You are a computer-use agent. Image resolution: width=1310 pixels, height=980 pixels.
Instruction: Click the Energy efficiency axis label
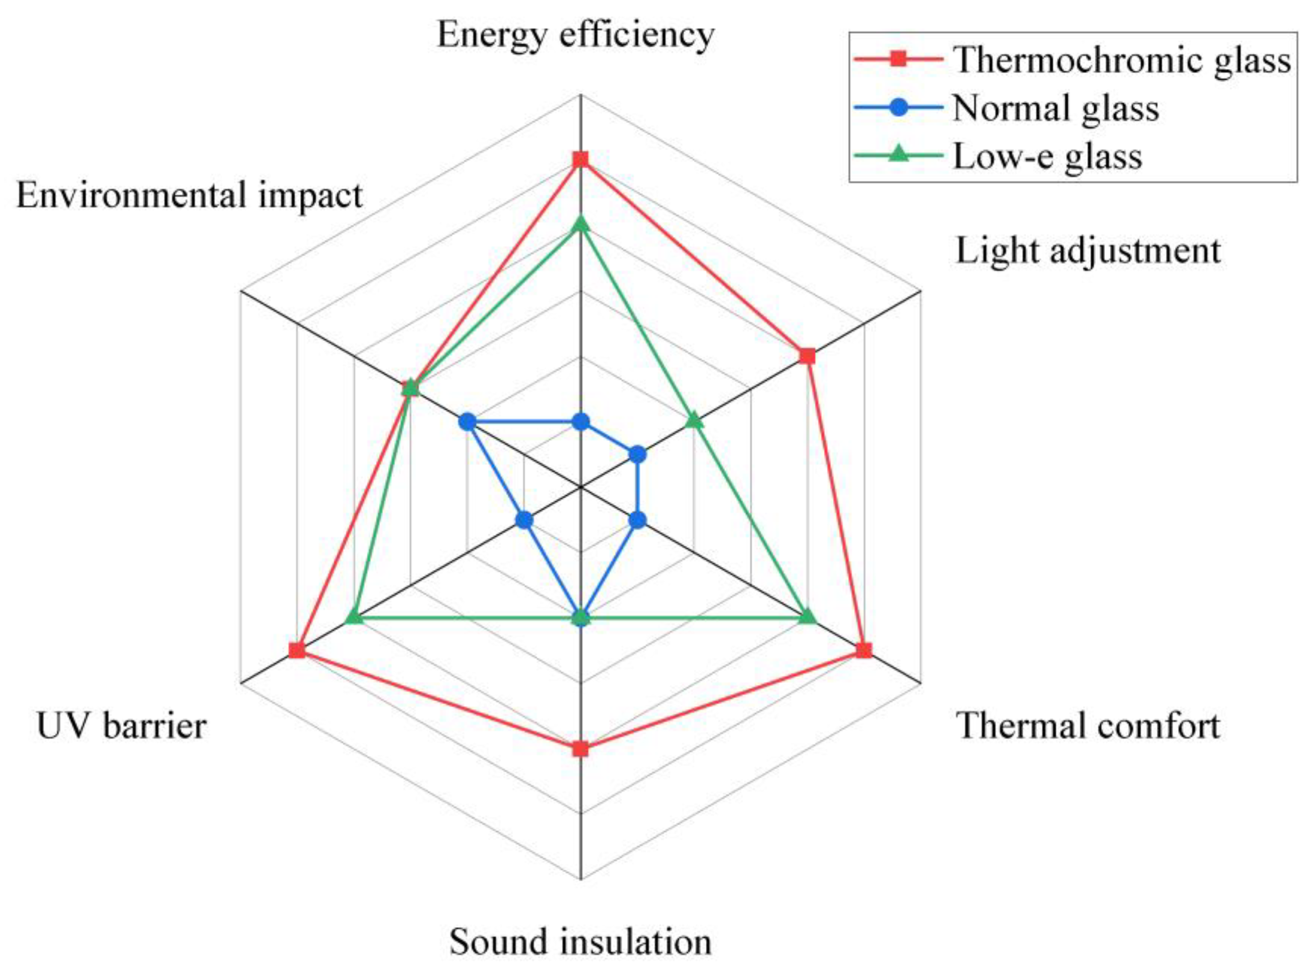click(x=575, y=36)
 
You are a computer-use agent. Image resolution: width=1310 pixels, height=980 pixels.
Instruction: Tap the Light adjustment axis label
click(x=1088, y=251)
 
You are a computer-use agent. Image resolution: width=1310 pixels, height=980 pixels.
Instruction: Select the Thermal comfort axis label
click(x=1088, y=726)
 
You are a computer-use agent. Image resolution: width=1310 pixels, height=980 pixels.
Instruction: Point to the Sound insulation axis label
click(x=580, y=942)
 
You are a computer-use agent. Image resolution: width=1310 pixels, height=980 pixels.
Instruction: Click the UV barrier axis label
click(x=121, y=726)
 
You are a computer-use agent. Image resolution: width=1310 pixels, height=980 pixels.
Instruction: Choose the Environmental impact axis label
click(x=189, y=195)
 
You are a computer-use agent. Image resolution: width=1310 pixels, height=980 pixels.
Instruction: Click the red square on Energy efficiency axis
click(x=580, y=160)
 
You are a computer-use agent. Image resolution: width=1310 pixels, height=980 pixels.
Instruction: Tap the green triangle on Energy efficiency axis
click(x=580, y=224)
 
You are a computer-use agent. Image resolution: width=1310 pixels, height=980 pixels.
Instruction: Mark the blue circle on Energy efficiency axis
click(x=580, y=422)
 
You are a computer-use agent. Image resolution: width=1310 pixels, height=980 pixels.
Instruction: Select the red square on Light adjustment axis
click(x=807, y=356)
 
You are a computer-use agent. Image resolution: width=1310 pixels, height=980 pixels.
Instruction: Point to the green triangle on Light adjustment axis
click(x=694, y=422)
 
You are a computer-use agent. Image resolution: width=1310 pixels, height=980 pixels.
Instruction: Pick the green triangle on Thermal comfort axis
click(x=807, y=618)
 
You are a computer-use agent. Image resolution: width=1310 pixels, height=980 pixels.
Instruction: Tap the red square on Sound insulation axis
click(x=580, y=749)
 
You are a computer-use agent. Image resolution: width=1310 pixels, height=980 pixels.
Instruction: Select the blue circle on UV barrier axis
click(x=524, y=520)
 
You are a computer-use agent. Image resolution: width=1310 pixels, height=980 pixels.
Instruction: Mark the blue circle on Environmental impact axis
click(x=467, y=422)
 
